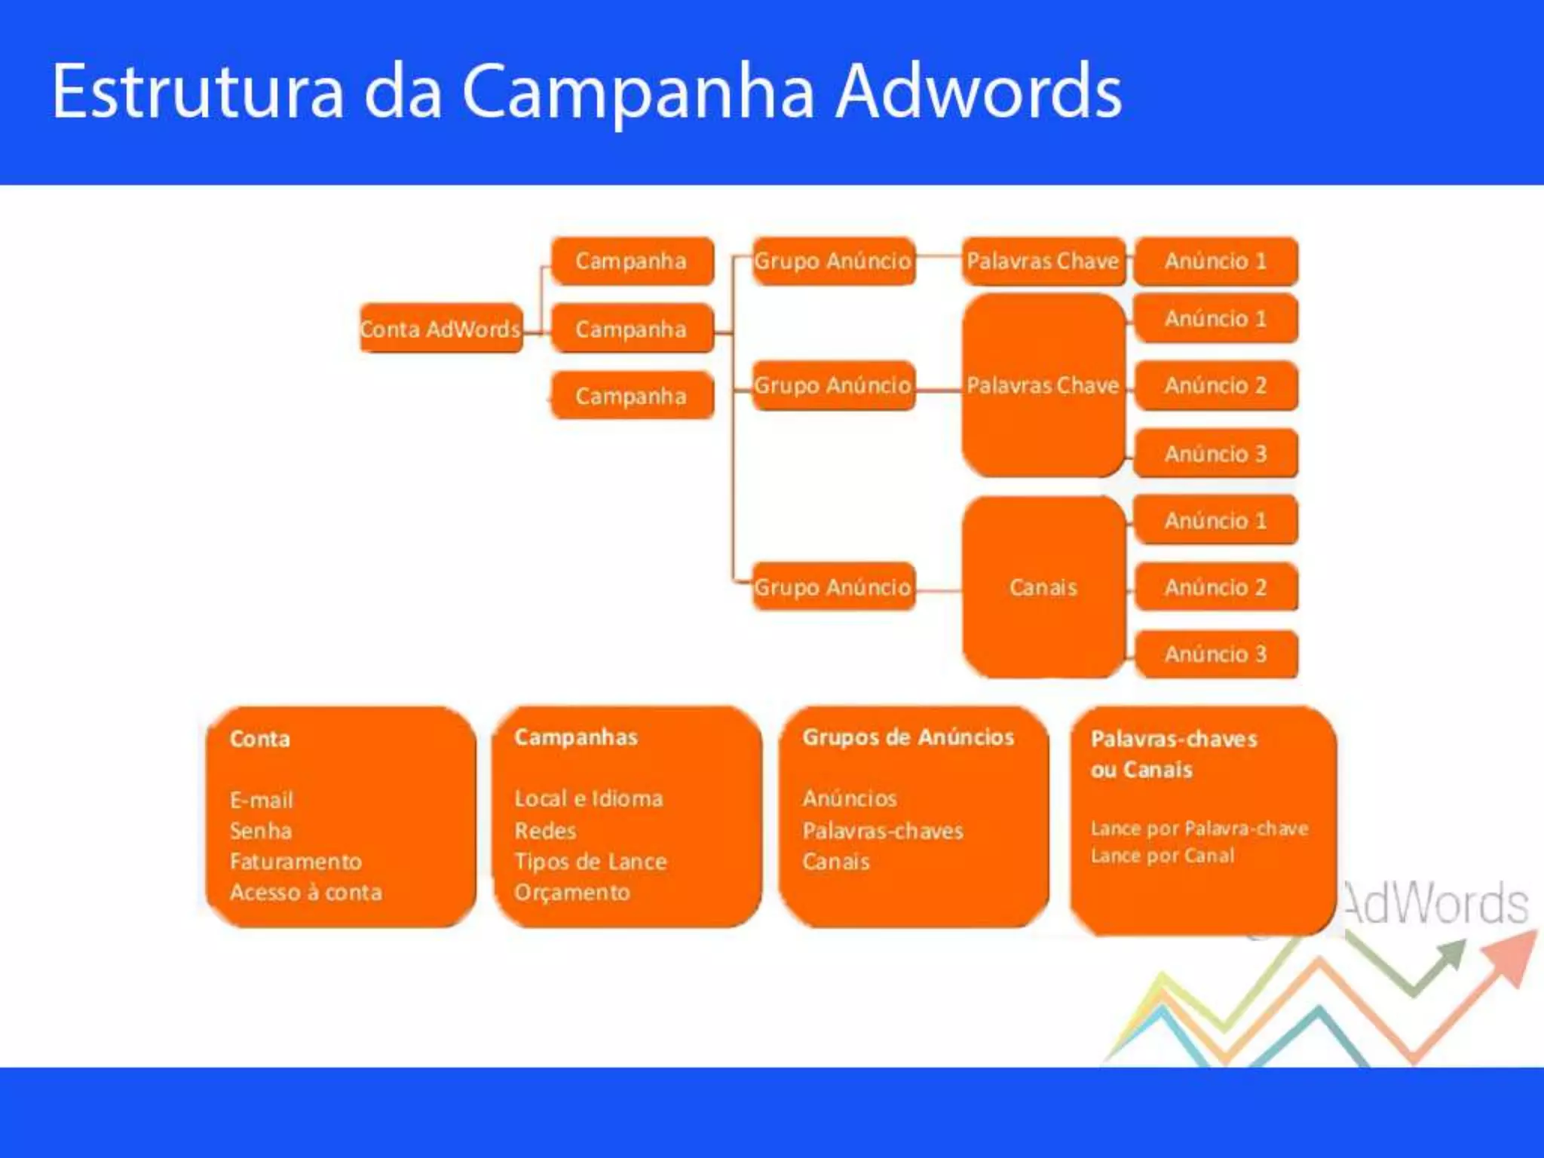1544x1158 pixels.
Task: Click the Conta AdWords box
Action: click(x=440, y=329)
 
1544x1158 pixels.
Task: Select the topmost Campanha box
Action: click(x=632, y=261)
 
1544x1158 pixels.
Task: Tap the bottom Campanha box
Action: click(x=632, y=396)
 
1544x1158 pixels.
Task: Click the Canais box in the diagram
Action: click(x=1043, y=587)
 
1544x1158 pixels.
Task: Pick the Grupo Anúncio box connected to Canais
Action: click(x=833, y=587)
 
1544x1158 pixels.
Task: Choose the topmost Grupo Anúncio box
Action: click(x=833, y=261)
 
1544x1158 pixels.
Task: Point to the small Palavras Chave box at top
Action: click(x=1043, y=261)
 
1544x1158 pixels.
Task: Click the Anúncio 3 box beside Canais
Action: click(x=1215, y=654)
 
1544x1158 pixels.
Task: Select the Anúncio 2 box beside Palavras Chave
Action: click(x=1215, y=385)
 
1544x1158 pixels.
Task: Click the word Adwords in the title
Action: click(x=979, y=92)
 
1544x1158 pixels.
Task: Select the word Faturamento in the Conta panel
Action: click(x=296, y=861)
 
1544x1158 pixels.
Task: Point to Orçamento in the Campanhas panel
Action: click(x=571, y=893)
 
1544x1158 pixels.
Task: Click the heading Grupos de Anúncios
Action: click(x=908, y=737)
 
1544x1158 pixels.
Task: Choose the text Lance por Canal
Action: click(x=1162, y=856)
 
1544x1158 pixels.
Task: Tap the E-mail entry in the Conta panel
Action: click(x=261, y=799)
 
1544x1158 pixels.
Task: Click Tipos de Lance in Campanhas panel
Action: click(x=590, y=861)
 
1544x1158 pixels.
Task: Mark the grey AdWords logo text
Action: click(x=1436, y=903)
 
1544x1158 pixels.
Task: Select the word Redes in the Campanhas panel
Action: click(x=545, y=830)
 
